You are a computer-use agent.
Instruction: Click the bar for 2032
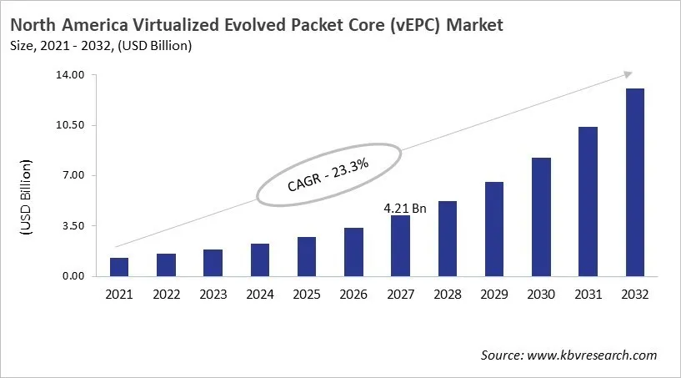(x=635, y=182)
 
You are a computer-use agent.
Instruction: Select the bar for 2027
(x=400, y=245)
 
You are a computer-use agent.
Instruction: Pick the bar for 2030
(x=541, y=216)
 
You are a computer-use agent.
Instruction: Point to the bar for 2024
(x=260, y=260)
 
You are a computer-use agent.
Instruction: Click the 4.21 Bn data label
(x=405, y=209)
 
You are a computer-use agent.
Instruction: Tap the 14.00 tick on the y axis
(x=72, y=75)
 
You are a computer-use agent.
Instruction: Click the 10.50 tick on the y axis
(x=72, y=125)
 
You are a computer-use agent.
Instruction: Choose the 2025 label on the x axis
(x=307, y=294)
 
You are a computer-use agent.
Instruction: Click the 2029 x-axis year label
(x=494, y=294)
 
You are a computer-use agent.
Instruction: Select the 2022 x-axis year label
(x=166, y=294)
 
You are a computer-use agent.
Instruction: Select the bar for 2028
(x=448, y=238)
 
